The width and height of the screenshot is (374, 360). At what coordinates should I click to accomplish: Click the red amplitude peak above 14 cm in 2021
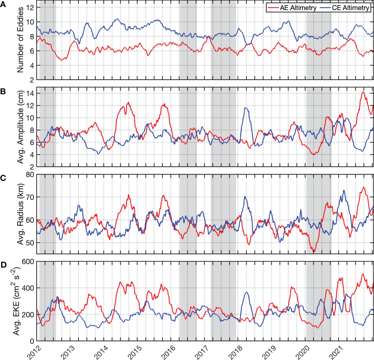coord(363,92)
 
